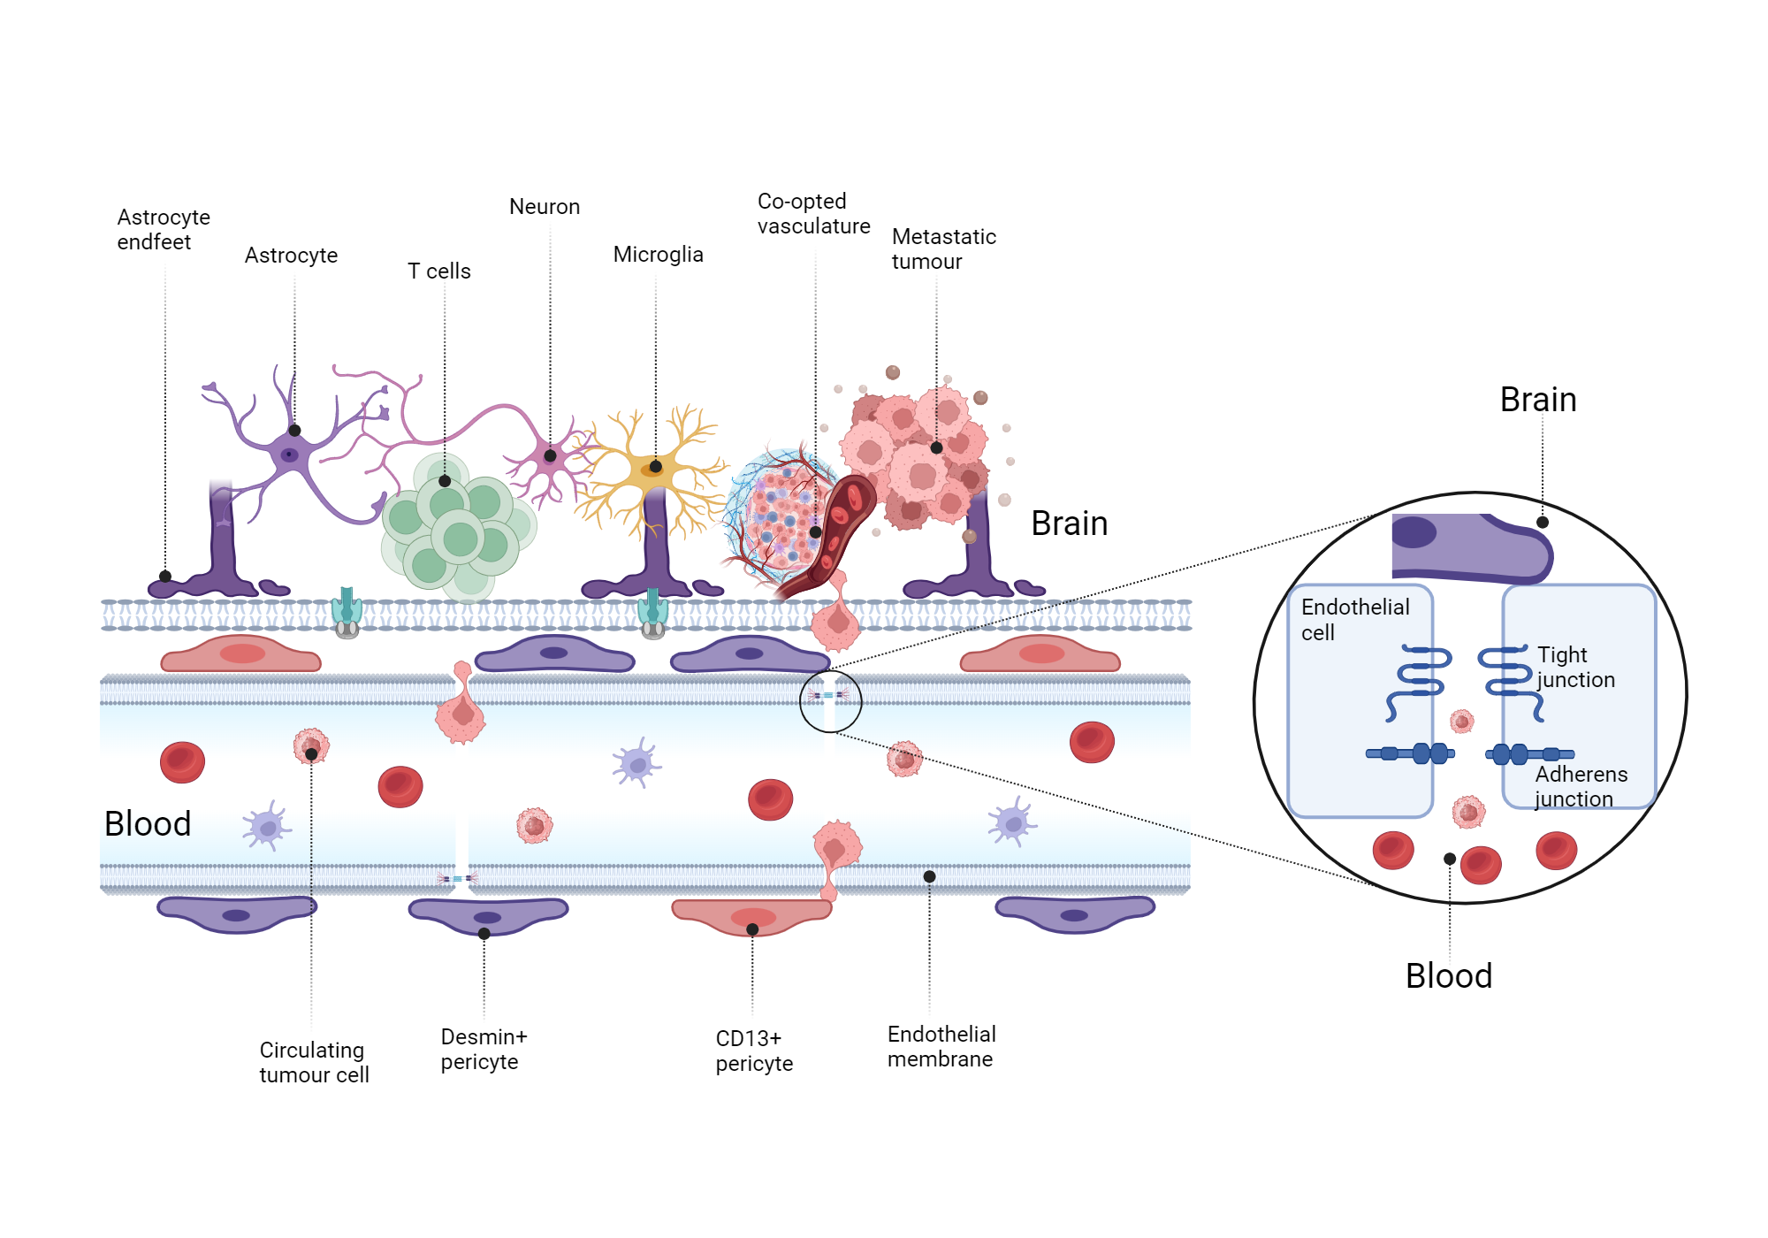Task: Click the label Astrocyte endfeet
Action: point(164,230)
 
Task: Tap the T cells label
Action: point(438,271)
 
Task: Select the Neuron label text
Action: point(545,207)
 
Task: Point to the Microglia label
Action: point(658,255)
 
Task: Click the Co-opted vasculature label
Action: point(813,214)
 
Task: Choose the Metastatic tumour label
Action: point(943,249)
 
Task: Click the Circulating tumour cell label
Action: point(314,1062)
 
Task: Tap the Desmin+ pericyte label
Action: point(484,1049)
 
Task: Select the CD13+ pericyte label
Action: point(753,1051)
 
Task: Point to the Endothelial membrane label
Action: point(941,1046)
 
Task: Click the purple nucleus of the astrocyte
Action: point(289,455)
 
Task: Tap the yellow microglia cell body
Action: point(652,469)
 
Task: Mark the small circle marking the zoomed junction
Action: point(830,701)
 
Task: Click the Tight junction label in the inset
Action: point(1575,667)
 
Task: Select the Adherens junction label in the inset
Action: point(1581,786)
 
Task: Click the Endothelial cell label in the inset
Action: point(1354,619)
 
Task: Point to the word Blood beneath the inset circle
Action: point(1448,976)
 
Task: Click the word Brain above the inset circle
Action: point(1537,400)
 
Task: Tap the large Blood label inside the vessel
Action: point(148,824)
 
